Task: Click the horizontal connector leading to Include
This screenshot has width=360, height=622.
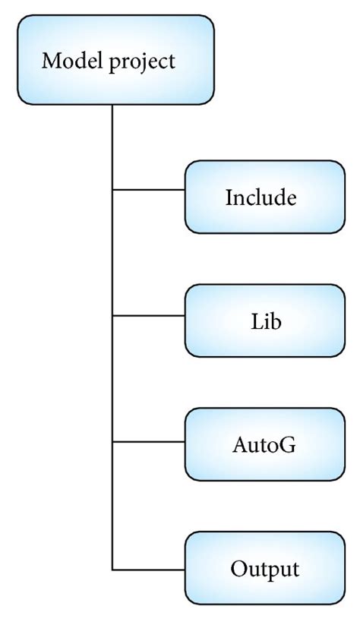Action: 149,188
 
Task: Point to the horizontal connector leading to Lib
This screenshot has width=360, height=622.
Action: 149,314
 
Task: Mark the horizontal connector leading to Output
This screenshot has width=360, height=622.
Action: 149,568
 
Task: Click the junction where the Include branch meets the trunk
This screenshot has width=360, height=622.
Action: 113,188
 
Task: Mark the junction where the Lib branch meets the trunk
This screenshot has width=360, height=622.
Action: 113,314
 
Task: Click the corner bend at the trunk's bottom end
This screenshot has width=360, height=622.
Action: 113,568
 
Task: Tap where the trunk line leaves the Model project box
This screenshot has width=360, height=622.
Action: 113,106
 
